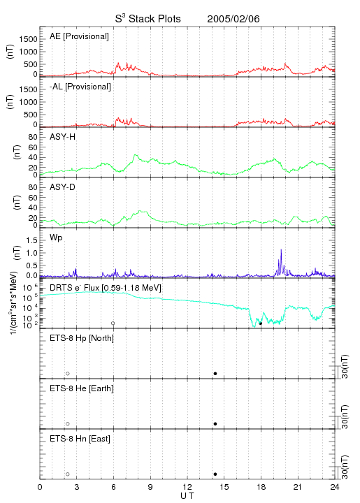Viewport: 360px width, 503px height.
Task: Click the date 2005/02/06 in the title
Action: click(233, 19)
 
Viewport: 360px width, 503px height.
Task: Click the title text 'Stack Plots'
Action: click(154, 19)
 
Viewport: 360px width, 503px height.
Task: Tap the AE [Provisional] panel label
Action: click(79, 36)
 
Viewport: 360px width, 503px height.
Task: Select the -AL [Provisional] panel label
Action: click(80, 87)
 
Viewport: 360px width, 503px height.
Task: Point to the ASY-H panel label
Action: click(63, 137)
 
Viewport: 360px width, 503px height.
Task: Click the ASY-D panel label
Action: click(63, 187)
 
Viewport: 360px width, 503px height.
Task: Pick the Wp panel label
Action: click(56, 238)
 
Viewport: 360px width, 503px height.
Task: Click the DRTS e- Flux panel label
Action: click(106, 288)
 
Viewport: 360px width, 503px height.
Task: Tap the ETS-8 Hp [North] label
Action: click(82, 338)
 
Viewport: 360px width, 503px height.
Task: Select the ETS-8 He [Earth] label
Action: click(82, 388)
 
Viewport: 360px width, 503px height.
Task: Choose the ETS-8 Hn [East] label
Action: click(80, 439)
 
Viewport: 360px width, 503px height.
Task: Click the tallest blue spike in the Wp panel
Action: click(281, 249)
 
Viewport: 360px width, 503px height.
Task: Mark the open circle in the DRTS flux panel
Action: click(113, 323)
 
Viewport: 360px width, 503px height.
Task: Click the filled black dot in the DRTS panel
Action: click(261, 323)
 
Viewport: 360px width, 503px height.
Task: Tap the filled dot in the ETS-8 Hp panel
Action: click(215, 373)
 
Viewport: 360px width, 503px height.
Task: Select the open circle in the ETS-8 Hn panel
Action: click(68, 474)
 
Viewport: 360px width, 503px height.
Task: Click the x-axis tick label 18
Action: click(261, 487)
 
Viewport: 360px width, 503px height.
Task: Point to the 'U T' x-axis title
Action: click(187, 496)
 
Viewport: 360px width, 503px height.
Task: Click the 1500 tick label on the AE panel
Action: click(29, 39)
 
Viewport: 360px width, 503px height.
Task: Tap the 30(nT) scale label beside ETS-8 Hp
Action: click(345, 366)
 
